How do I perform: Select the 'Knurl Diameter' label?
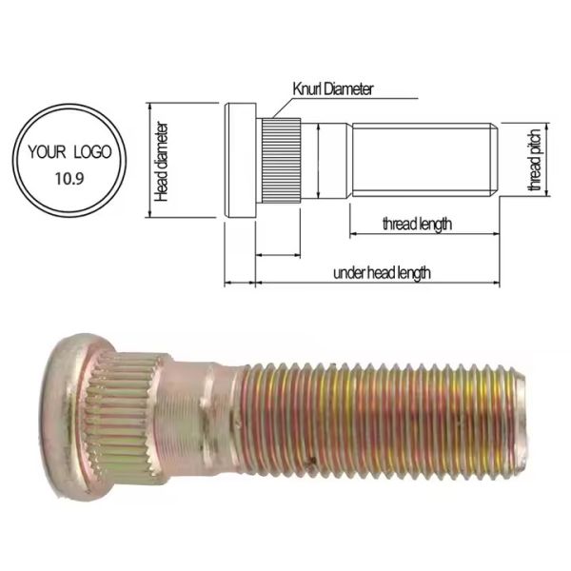point(332,89)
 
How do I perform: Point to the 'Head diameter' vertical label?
point(162,161)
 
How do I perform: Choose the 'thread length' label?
point(416,225)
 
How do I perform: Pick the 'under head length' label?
point(382,273)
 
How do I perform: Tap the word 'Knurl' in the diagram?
point(309,89)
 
